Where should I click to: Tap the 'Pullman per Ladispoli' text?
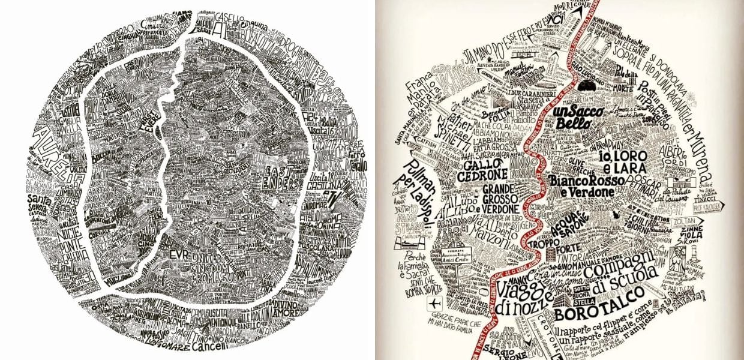pos(415,184)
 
